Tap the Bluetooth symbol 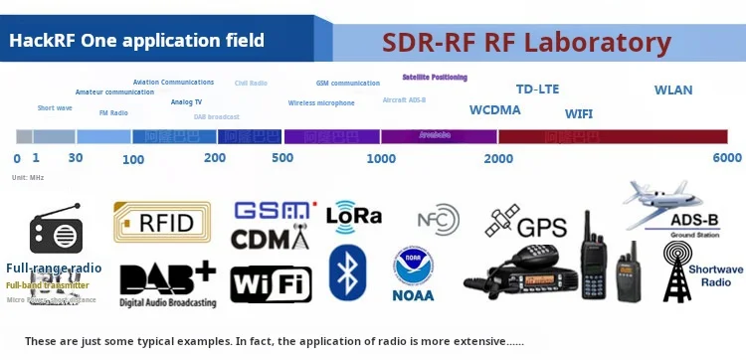click(x=347, y=272)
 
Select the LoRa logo click(x=354, y=215)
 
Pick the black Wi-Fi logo click(x=271, y=284)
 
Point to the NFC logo click(x=438, y=219)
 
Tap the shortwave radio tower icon click(x=679, y=271)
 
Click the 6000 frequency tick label click(x=727, y=158)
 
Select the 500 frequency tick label click(x=282, y=158)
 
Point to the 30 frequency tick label click(x=76, y=158)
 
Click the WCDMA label click(x=495, y=110)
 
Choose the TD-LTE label click(x=538, y=89)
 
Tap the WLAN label click(x=673, y=90)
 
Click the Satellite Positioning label click(x=435, y=77)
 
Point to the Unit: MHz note click(x=29, y=177)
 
